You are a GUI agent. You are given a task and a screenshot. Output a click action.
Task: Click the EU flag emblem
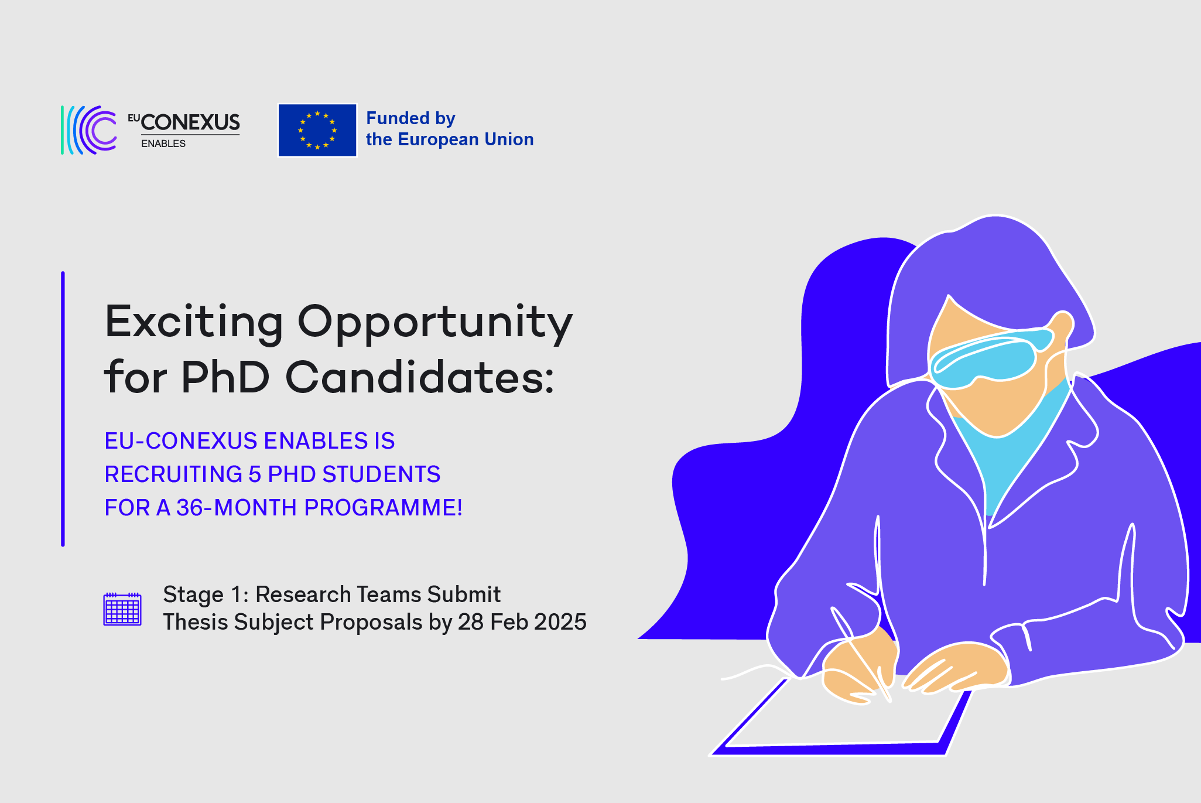point(317,130)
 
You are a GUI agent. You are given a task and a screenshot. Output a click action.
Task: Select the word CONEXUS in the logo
point(190,122)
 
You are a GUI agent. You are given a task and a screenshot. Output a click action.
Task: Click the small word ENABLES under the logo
point(163,143)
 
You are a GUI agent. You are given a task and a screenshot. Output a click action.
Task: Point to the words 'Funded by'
point(410,118)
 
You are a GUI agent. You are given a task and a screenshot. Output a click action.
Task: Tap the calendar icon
point(122,609)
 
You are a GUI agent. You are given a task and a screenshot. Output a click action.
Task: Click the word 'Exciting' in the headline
point(194,323)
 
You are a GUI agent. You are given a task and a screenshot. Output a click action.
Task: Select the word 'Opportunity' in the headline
point(435,323)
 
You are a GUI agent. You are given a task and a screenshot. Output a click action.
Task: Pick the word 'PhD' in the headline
point(225,377)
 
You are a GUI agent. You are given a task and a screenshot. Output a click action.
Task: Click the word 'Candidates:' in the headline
point(420,377)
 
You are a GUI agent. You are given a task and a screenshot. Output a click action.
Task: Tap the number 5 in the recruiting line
point(254,474)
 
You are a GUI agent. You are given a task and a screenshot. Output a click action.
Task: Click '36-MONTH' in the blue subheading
point(237,508)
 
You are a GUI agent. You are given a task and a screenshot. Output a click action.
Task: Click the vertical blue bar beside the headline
point(63,409)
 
